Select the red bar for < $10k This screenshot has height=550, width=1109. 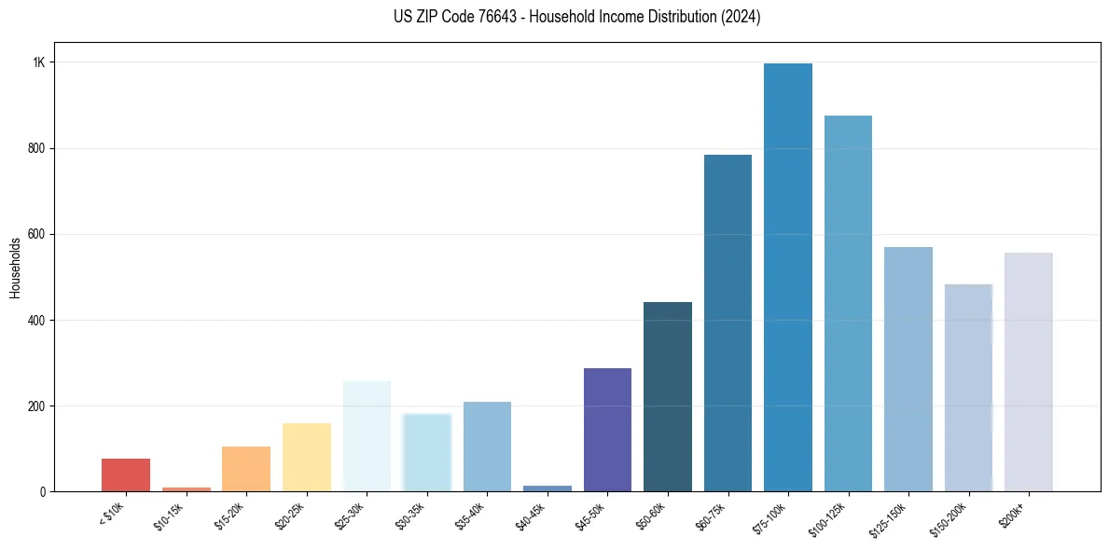[126, 474]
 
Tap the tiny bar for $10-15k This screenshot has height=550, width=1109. [187, 488]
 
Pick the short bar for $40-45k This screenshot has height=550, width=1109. [548, 488]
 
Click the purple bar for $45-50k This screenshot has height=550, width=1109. [607, 430]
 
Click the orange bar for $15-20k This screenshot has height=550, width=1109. [246, 469]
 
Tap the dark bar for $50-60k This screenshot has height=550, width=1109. [668, 397]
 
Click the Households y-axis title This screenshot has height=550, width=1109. [15, 268]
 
